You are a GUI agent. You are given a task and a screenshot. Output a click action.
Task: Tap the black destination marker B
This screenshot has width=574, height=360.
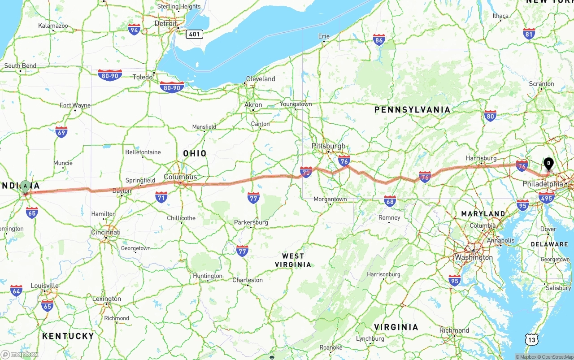(x=548, y=164)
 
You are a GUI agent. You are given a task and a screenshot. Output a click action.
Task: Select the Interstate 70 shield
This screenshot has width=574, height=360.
(x=306, y=171)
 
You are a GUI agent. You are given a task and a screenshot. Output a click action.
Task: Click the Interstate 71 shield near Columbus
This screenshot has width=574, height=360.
(x=161, y=196)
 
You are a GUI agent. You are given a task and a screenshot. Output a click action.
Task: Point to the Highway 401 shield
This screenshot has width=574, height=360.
(x=195, y=34)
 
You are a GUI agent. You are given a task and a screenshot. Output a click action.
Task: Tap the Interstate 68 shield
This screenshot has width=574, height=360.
(x=390, y=200)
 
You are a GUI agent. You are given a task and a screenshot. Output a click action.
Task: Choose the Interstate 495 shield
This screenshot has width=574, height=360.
(x=546, y=197)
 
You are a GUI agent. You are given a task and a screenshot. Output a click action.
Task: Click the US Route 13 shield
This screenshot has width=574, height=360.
(x=531, y=340)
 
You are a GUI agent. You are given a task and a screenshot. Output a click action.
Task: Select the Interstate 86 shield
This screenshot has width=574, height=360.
(x=379, y=40)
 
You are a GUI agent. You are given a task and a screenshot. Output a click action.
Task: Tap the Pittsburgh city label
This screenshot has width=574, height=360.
(x=329, y=146)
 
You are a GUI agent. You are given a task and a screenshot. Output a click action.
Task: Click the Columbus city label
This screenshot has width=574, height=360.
(x=180, y=177)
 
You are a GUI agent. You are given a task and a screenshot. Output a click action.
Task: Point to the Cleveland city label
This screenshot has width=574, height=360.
(x=261, y=79)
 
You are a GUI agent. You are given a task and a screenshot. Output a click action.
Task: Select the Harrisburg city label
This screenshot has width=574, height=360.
(x=481, y=158)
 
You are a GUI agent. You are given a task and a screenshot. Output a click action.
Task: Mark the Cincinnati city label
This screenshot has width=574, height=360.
(x=105, y=232)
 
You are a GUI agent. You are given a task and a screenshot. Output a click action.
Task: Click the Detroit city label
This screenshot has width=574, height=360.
(x=165, y=23)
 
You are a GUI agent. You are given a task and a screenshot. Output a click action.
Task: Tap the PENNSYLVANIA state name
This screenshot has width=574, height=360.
(x=412, y=110)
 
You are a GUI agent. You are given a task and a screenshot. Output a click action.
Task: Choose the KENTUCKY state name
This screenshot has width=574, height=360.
(x=68, y=336)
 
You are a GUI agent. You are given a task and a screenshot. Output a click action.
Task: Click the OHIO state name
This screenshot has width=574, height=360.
(x=195, y=153)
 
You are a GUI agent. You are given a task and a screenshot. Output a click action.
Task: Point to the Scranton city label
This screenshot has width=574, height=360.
(x=541, y=84)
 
